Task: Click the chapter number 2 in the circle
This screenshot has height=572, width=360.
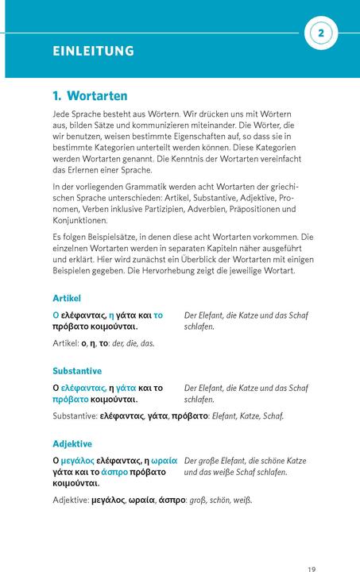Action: tap(321, 33)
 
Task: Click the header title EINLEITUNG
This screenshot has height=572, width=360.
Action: tap(93, 52)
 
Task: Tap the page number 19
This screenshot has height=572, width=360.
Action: tap(312, 568)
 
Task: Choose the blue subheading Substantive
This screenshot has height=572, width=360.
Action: tap(77, 371)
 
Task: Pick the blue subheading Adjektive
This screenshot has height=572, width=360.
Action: tap(72, 443)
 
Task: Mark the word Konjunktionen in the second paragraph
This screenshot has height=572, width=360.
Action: tap(80, 220)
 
